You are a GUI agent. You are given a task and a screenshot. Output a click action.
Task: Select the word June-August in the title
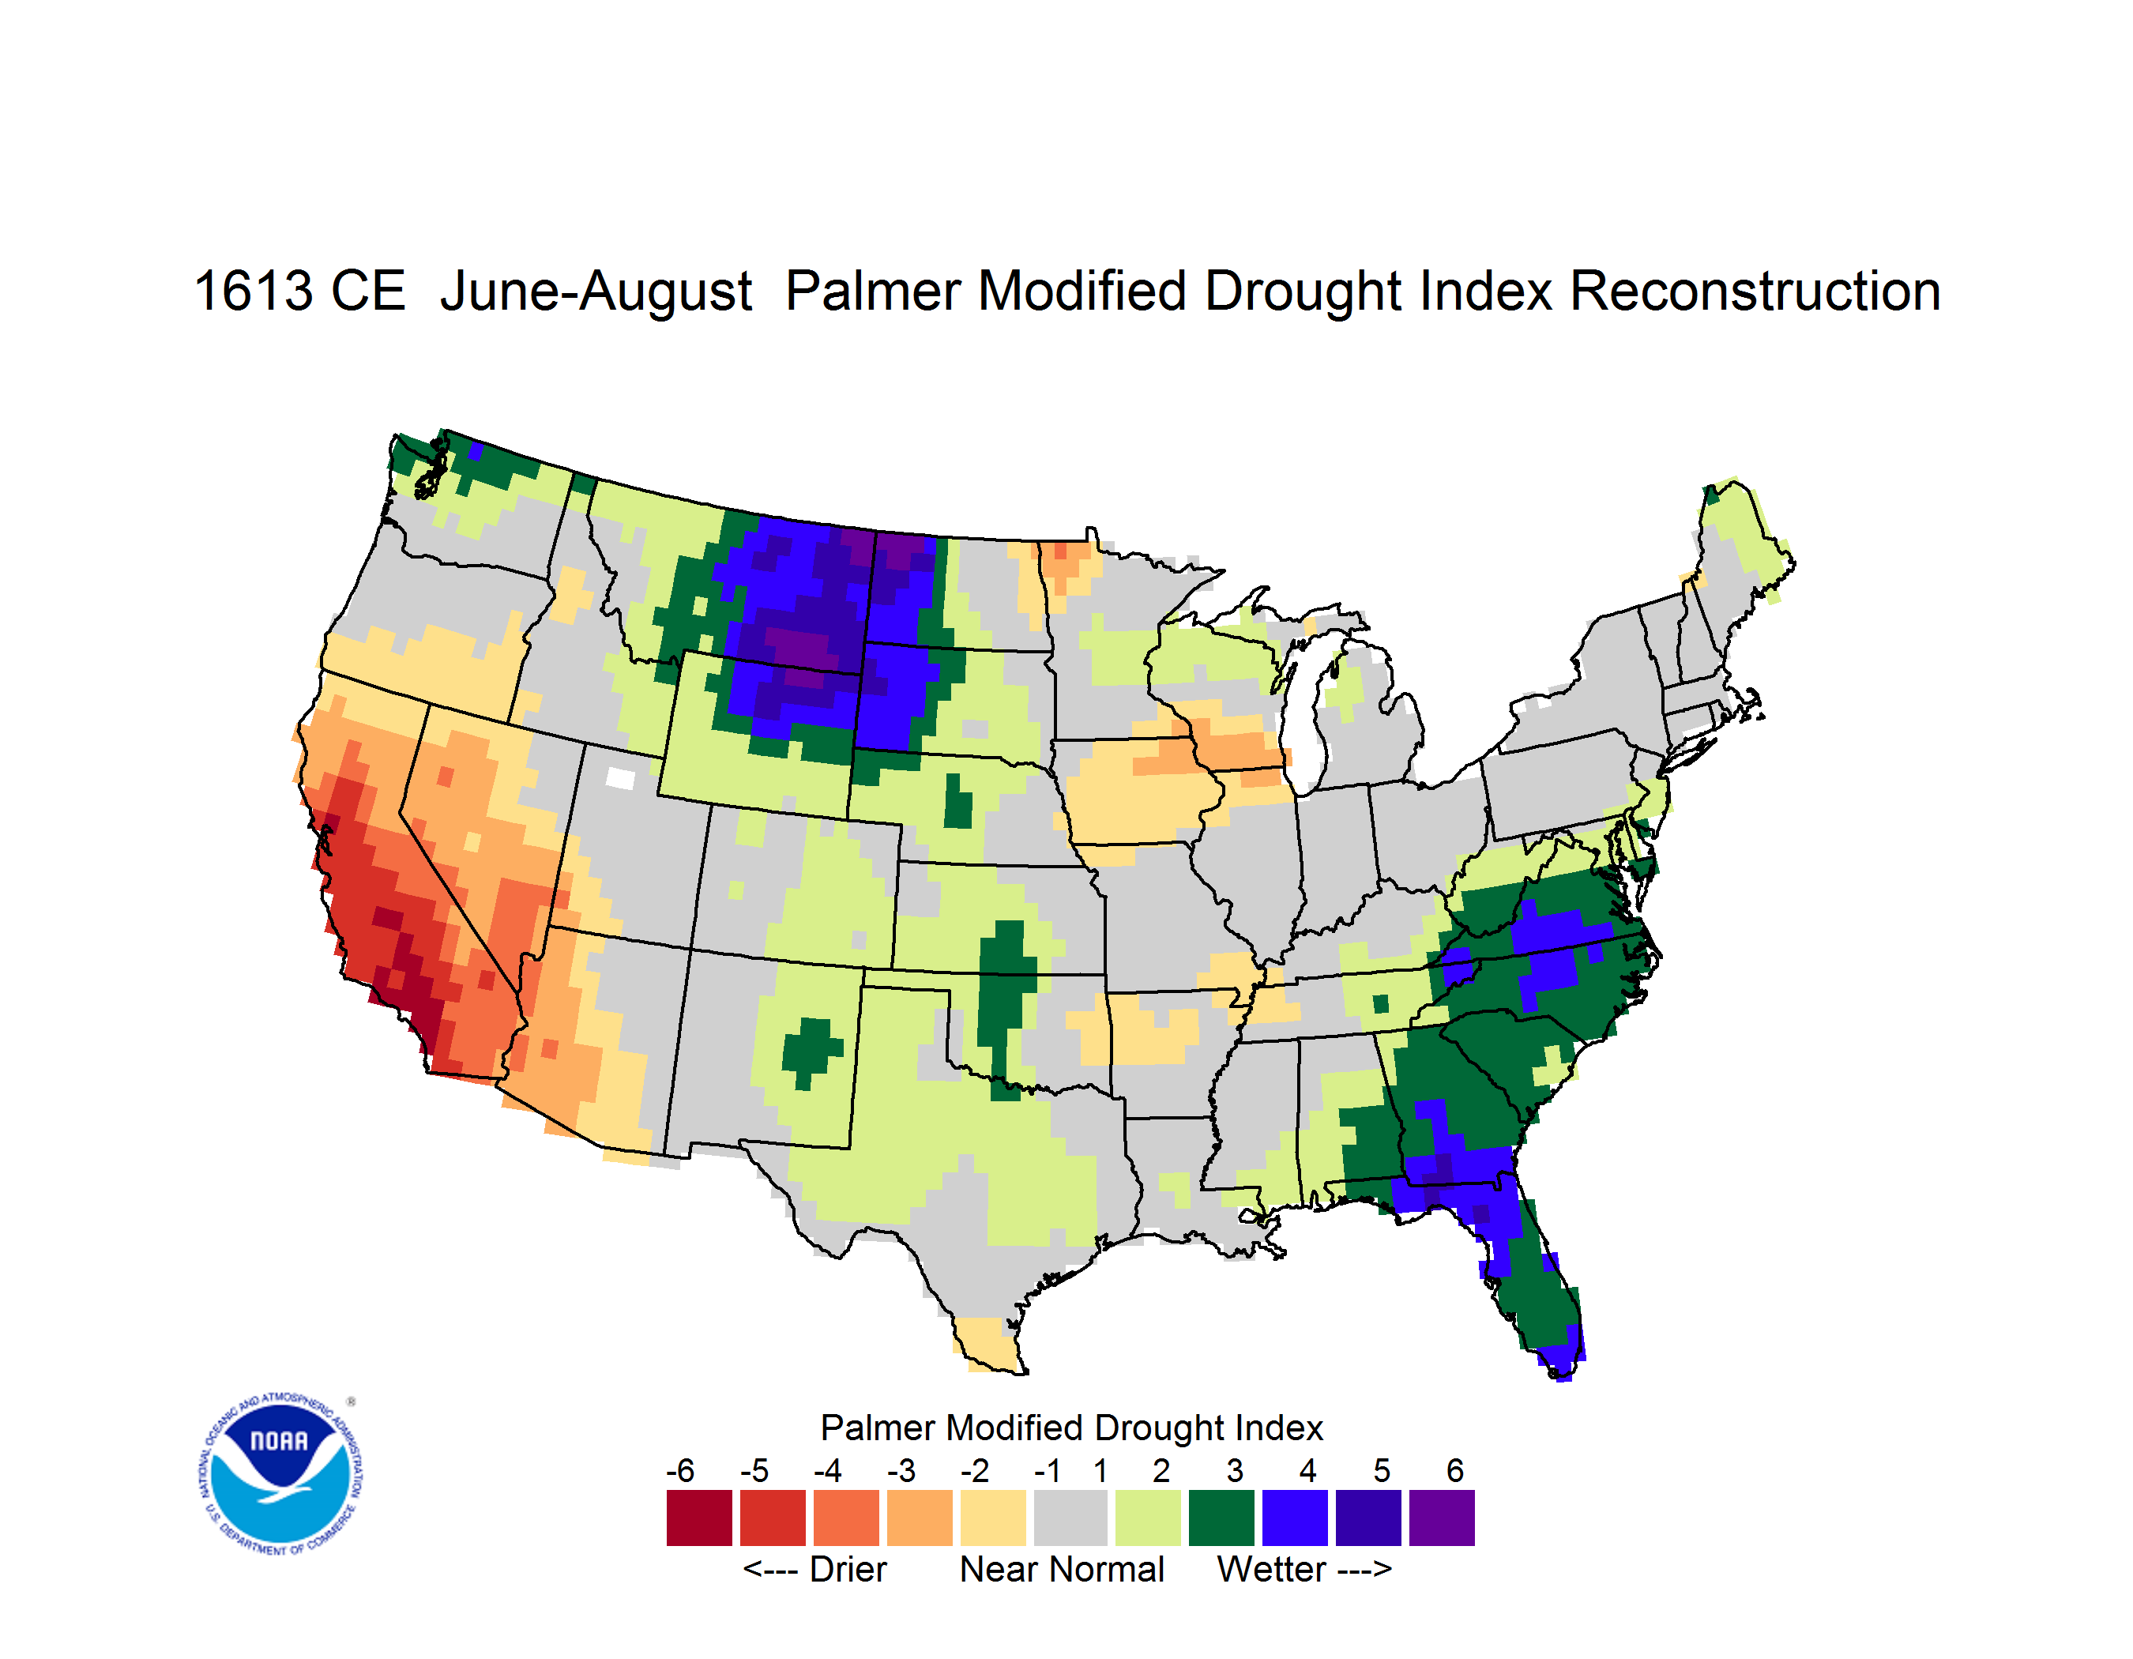pos(596,293)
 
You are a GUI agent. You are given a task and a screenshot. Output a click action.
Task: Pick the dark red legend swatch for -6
pos(699,1518)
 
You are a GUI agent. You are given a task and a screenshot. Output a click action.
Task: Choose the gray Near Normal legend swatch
pos(1071,1518)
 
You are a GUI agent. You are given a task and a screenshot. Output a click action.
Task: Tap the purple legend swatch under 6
pos(1442,1518)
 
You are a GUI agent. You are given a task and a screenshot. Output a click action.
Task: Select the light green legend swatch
pos(1149,1518)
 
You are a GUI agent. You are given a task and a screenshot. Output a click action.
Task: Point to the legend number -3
pos(901,1470)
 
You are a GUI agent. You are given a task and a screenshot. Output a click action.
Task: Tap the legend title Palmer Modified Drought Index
pos(1071,1428)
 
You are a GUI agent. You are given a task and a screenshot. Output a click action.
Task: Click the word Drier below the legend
pos(848,1569)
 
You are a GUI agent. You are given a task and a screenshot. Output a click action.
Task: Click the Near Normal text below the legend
pos(1062,1569)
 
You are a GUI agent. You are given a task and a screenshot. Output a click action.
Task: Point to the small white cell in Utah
pos(620,778)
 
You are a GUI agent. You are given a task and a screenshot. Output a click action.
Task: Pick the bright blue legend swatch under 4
pos(1295,1518)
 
